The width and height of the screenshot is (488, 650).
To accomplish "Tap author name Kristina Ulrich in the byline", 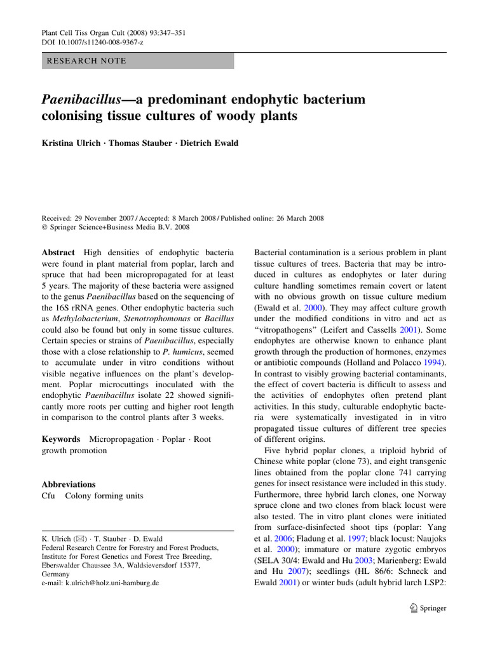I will pos(72,143).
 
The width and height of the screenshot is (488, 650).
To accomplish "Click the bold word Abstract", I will pos(58,252).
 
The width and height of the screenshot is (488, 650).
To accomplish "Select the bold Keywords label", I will pos(61,439).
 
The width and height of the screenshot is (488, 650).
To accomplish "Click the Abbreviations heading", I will pos(69,484).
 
